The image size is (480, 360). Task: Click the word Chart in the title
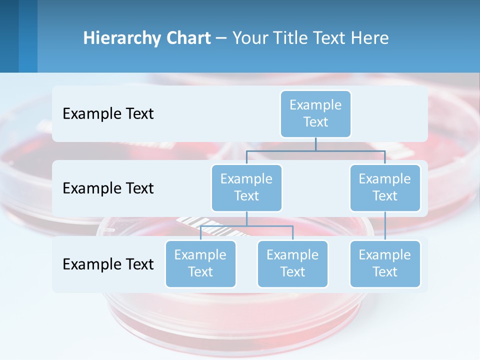tap(187, 38)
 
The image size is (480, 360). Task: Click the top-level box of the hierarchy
tap(315, 113)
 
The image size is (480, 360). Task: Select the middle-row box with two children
tap(246, 187)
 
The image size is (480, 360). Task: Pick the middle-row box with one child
tap(385, 187)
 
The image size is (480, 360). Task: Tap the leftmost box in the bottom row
tap(200, 263)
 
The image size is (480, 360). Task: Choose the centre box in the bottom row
tap(292, 263)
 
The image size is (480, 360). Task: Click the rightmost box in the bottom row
tap(385, 263)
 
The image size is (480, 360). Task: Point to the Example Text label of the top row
tap(108, 113)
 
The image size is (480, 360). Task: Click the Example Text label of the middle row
tap(108, 188)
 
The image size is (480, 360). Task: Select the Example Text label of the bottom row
tap(108, 264)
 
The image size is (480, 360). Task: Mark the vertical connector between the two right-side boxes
tap(385, 226)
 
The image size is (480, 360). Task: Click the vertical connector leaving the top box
tap(315, 144)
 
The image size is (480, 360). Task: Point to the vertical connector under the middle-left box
tap(246, 218)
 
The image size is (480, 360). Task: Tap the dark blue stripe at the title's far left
tap(9, 36)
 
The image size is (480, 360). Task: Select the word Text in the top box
tap(315, 122)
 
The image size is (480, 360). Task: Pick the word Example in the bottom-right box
tap(385, 255)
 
